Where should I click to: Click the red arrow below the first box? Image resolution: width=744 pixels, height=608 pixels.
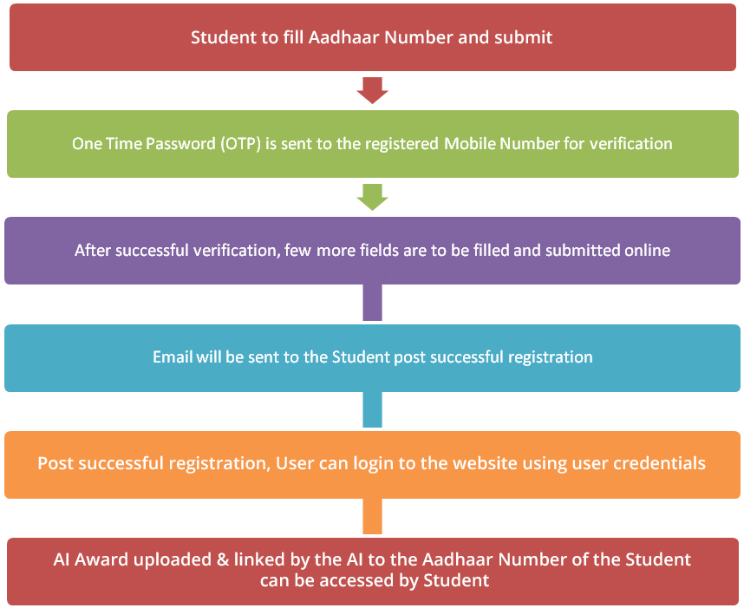coord(373,90)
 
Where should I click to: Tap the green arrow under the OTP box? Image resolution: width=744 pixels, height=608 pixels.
coord(373,197)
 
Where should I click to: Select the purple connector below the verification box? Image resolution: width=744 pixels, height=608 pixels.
coord(373,303)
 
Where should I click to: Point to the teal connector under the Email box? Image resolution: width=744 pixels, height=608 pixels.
coord(373,409)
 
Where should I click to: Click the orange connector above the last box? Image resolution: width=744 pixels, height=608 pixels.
coord(373,516)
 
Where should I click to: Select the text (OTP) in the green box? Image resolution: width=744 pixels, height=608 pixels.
coord(240,144)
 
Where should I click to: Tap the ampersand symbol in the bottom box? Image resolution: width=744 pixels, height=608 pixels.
coord(223,559)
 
